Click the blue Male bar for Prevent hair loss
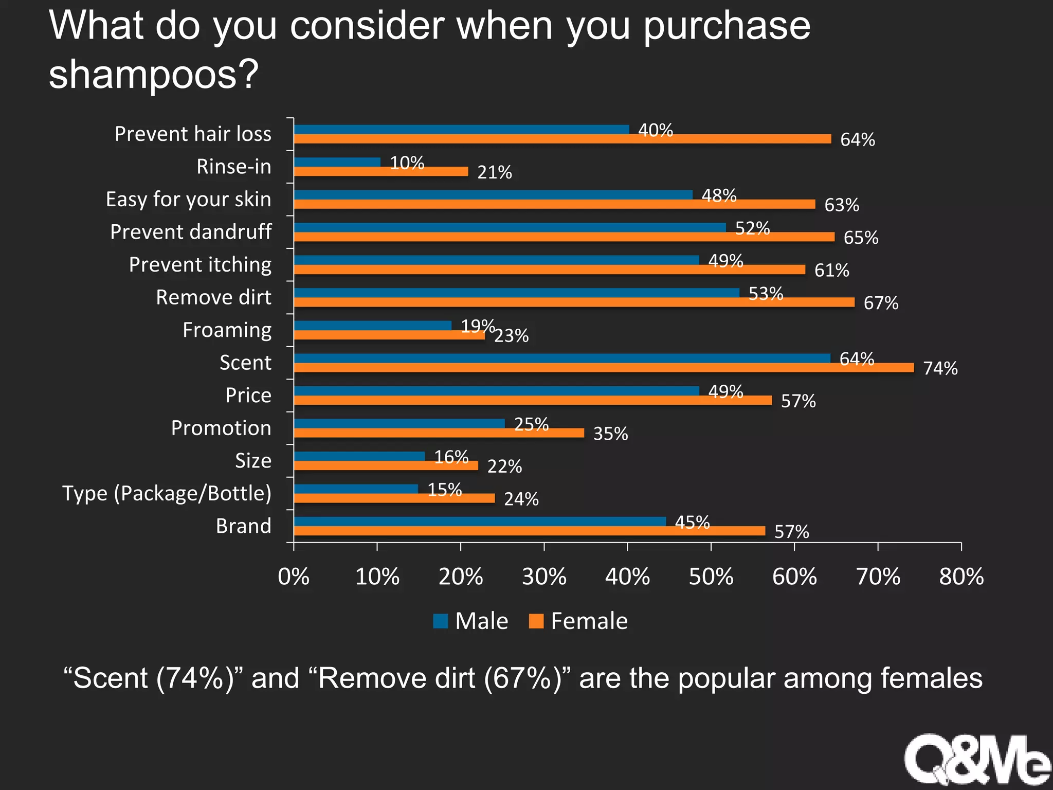[461, 129]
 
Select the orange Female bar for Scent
[604, 368]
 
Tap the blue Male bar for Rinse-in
[337, 162]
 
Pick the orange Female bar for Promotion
[439, 433]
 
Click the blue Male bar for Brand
[479, 522]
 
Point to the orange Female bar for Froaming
[389, 335]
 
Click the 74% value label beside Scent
[940, 368]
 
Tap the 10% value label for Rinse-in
[407, 163]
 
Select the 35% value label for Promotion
[610, 434]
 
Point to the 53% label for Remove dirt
[766, 294]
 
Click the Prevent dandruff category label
[191, 232]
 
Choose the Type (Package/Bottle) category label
[167, 493]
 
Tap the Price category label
[248, 396]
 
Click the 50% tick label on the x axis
[711, 577]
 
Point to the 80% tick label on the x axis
[961, 577]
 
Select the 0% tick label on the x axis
[294, 577]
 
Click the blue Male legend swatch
[441, 621]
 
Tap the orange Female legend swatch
[536, 621]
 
